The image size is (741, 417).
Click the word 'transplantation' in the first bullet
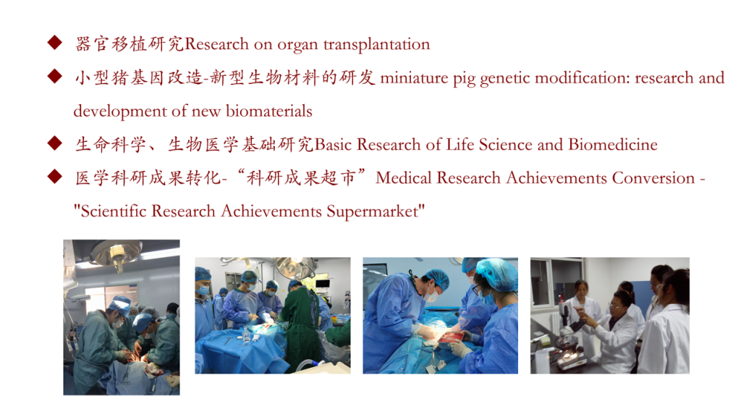[x=376, y=44]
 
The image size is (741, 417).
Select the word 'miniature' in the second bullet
[x=414, y=77]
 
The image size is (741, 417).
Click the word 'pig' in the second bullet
[x=464, y=80]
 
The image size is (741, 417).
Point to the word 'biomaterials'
[x=269, y=111]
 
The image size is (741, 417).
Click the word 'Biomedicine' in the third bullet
[x=613, y=144]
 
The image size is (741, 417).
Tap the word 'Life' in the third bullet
[x=460, y=144]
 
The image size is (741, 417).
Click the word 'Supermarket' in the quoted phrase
[x=373, y=211]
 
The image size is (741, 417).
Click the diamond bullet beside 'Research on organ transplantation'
[x=55, y=43]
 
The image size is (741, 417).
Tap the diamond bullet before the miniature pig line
[x=55, y=76]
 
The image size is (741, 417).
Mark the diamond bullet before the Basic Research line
[x=55, y=143]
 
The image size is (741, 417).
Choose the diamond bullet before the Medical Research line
[x=55, y=177]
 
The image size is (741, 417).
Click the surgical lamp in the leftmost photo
[x=117, y=253]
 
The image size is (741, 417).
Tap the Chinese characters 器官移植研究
[x=129, y=44]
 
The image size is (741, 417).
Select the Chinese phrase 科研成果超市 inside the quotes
[x=300, y=178]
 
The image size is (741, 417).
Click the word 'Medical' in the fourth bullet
[x=404, y=178]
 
